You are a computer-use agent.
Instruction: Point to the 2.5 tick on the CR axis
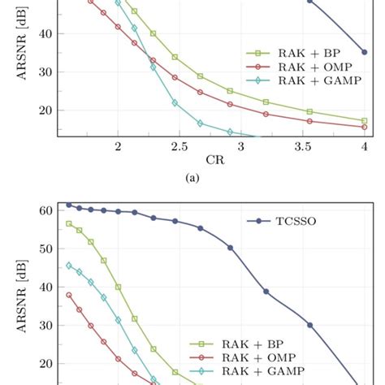(179, 146)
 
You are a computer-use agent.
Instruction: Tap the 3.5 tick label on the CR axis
(302, 146)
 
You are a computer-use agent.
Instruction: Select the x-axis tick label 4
(364, 146)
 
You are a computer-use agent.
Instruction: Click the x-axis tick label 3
(241, 146)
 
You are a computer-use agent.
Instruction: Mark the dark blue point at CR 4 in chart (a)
(364, 51)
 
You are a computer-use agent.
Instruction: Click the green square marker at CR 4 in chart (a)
(364, 120)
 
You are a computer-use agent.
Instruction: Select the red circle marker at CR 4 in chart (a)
(364, 127)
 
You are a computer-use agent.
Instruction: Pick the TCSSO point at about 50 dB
(230, 248)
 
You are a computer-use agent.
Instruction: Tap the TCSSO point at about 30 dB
(309, 325)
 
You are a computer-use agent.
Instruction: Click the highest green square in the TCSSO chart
(69, 223)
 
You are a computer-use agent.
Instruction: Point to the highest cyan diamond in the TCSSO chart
(69, 265)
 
